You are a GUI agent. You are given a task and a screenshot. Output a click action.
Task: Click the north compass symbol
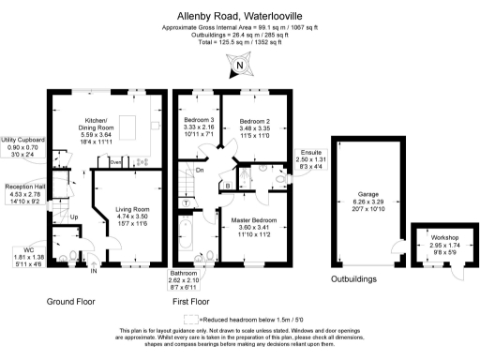(x=241, y=65)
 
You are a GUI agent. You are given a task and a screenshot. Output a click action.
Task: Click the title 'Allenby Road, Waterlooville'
(x=240, y=16)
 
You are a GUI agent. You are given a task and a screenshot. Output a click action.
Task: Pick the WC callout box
(x=21, y=256)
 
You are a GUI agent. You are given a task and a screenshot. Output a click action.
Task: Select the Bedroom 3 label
(x=198, y=128)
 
